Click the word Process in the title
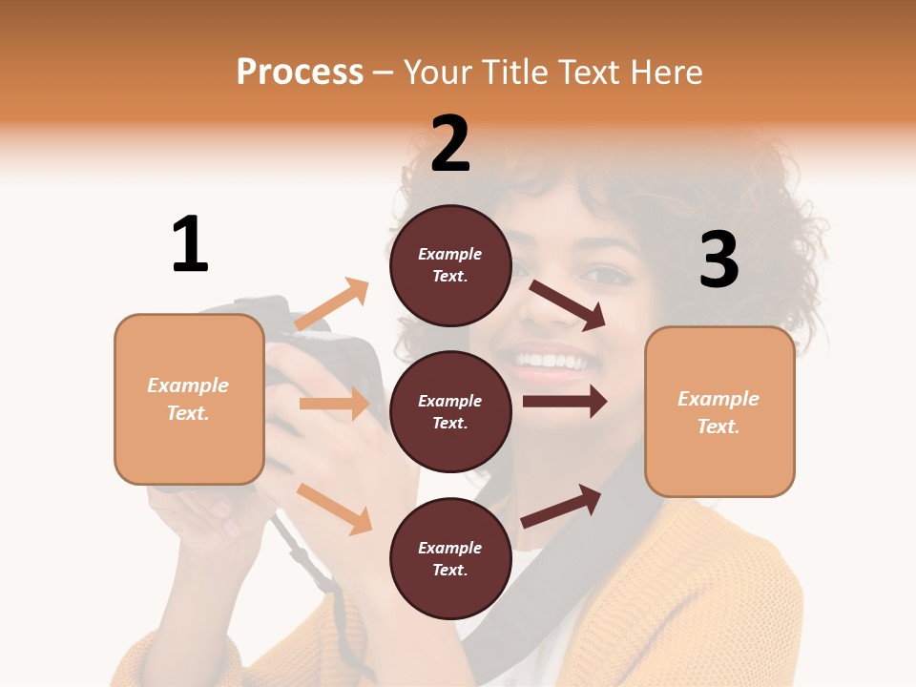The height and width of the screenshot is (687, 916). pyautogui.click(x=300, y=73)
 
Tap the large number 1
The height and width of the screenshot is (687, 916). pyautogui.click(x=190, y=244)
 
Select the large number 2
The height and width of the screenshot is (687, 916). pyautogui.click(x=450, y=144)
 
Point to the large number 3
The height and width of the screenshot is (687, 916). pyautogui.click(x=718, y=260)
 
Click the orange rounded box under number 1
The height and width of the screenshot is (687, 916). pyautogui.click(x=189, y=399)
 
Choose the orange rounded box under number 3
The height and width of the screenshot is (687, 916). pyautogui.click(x=719, y=411)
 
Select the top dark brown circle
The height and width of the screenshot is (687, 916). pyautogui.click(x=450, y=265)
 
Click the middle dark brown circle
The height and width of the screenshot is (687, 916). pyautogui.click(x=450, y=411)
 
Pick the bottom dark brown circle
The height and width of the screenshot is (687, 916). pyautogui.click(x=450, y=558)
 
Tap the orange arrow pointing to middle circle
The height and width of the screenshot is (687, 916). pyautogui.click(x=334, y=404)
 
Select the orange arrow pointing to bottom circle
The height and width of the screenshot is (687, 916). pyautogui.click(x=335, y=507)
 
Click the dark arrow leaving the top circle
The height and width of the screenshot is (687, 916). pyautogui.click(x=568, y=304)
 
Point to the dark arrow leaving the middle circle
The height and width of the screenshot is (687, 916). pyautogui.click(x=564, y=402)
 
